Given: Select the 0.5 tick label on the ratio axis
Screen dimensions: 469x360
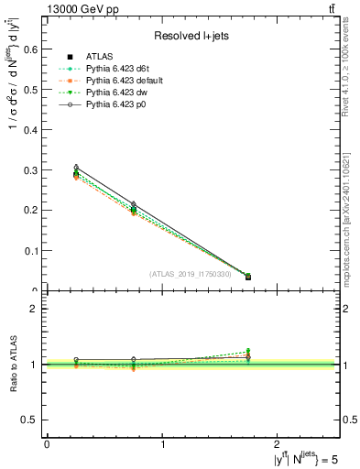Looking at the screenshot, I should click(x=33, y=420).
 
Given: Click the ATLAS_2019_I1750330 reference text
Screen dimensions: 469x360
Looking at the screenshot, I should click(x=193, y=273).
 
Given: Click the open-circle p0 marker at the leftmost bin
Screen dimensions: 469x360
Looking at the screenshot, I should click(x=76, y=168).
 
